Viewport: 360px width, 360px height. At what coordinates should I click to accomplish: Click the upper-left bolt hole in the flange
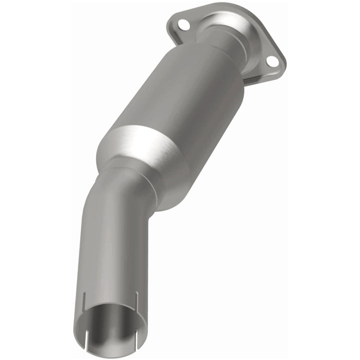click(183, 23)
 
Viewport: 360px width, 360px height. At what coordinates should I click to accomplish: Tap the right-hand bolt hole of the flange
click(271, 61)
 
